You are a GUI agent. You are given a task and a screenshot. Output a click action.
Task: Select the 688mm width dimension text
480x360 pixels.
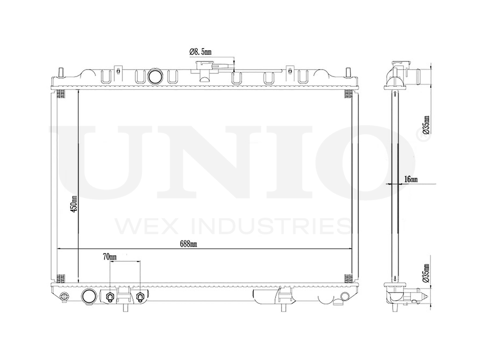tap(189, 244)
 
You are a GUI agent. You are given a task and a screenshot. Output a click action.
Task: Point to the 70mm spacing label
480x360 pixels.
tap(109, 257)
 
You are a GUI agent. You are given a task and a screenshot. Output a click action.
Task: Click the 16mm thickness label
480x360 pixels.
tap(411, 179)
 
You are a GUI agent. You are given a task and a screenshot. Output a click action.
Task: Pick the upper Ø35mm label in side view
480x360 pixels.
tap(426, 124)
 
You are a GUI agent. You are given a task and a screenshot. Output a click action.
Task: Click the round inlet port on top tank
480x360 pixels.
tap(155, 76)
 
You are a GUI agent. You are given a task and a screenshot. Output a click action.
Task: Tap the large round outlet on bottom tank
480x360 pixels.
tap(88, 296)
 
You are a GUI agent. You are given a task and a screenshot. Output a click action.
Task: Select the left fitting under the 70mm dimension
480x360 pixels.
tap(110, 297)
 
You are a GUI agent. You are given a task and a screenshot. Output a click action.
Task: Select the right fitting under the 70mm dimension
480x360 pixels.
tap(140, 297)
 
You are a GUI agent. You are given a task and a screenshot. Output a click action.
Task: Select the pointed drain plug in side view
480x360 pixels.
tap(422, 295)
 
